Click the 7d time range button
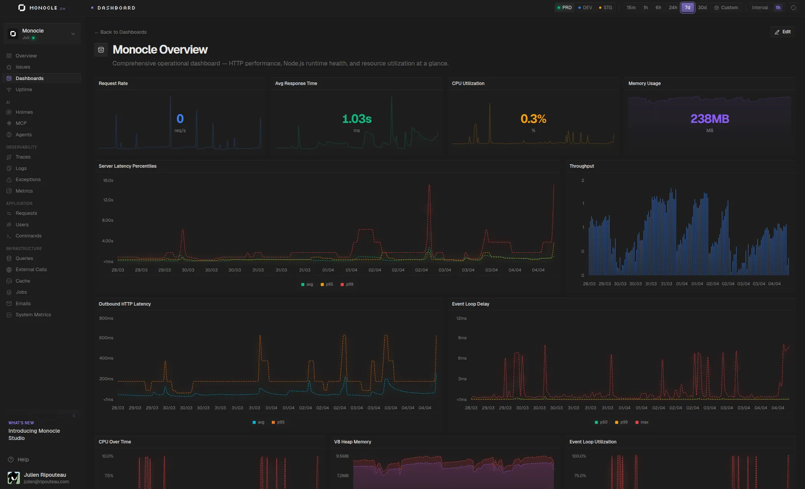click(x=687, y=8)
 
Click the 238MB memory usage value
click(x=710, y=119)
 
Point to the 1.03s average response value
click(x=356, y=119)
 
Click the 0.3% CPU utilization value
click(x=533, y=119)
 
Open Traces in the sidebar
click(x=23, y=157)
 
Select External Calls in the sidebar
click(x=31, y=269)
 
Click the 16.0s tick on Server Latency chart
click(x=108, y=180)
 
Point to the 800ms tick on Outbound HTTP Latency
click(x=106, y=318)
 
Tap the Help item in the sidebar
click(x=23, y=460)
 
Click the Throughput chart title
click(x=582, y=166)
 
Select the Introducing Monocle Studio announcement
click(x=34, y=434)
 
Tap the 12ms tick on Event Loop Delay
click(x=461, y=318)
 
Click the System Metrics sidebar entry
click(x=33, y=315)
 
